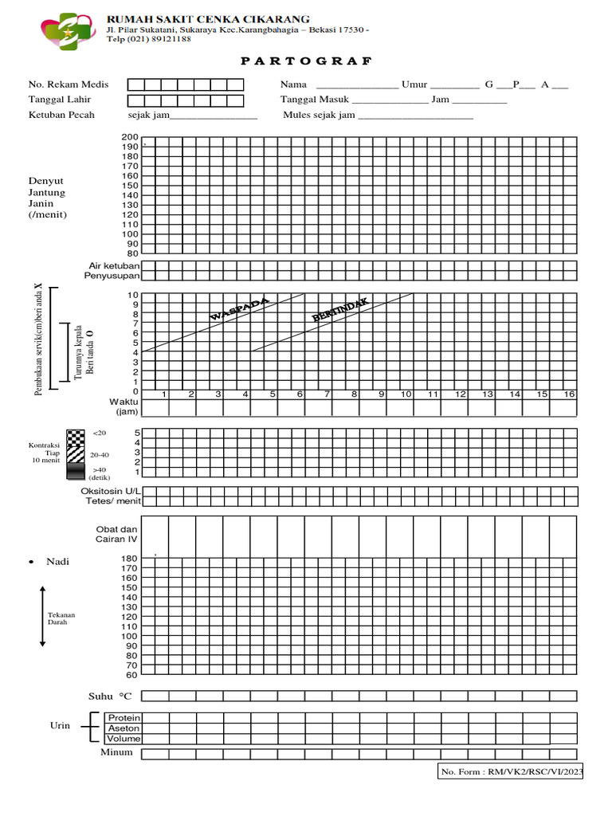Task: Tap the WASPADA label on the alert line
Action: click(x=239, y=309)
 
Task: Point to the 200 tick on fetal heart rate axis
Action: click(x=130, y=138)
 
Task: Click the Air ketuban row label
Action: click(x=114, y=265)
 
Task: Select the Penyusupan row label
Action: click(x=112, y=276)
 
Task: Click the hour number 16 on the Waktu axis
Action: click(x=569, y=394)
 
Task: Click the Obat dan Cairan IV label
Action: click(x=117, y=534)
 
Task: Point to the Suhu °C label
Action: click(x=110, y=696)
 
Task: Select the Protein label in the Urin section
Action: click(x=124, y=718)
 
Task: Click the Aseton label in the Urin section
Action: click(x=124, y=728)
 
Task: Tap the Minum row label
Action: click(x=116, y=752)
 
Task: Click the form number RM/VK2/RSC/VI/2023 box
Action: click(x=512, y=771)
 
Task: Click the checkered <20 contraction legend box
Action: click(x=75, y=436)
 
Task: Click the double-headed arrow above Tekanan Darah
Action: click(x=42, y=615)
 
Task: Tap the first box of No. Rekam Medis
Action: click(x=136, y=84)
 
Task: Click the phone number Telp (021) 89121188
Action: click(x=149, y=38)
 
